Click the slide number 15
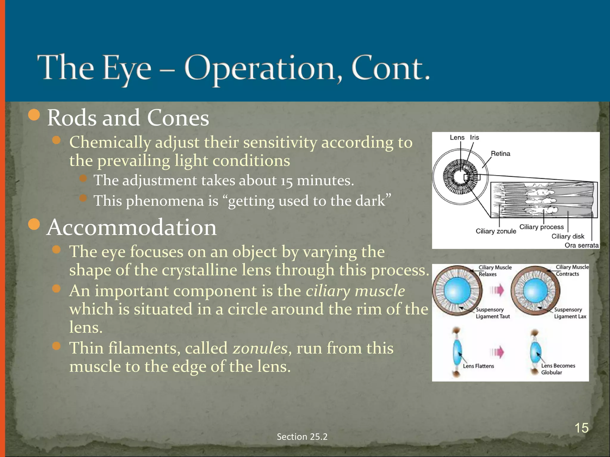point(581,428)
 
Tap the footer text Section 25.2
point(302,436)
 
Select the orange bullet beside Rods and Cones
point(34,115)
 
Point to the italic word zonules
point(260,348)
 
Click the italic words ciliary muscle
point(355,291)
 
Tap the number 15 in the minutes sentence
point(287,181)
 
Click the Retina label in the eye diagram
point(500,154)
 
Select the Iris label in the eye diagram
point(474,137)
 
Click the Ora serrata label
point(581,245)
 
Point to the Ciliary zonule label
point(496,231)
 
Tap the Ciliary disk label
point(568,236)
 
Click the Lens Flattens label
point(478,366)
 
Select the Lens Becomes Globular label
point(558,369)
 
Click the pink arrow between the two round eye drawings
point(497,290)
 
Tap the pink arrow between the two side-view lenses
point(497,352)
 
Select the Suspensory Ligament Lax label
point(570,313)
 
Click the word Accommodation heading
point(131,227)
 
